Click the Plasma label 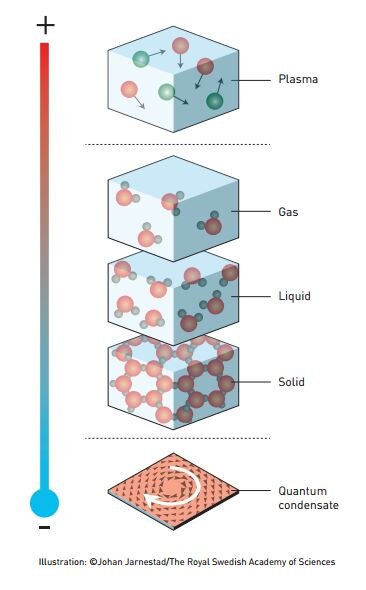(x=298, y=79)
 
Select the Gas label (x=288, y=211)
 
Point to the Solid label (x=291, y=382)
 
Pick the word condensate (x=308, y=505)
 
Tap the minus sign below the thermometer (x=45, y=527)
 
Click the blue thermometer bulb (x=45, y=502)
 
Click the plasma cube (x=172, y=79)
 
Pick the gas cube (x=172, y=212)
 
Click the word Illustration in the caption (x=62, y=562)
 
